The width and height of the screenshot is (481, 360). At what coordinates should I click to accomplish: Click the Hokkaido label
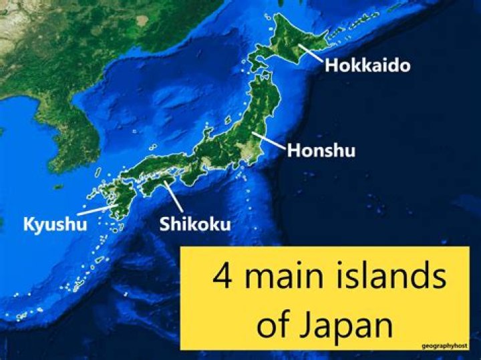pos(367,65)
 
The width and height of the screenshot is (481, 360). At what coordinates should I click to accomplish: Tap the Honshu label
pos(321,150)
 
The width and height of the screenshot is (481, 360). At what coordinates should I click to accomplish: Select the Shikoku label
pos(195,223)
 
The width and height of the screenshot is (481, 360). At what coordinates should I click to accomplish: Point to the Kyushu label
pos(55,224)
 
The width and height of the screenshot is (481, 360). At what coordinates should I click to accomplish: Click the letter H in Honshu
pos(293,150)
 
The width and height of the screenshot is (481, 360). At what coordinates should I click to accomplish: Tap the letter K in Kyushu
pos(29,224)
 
